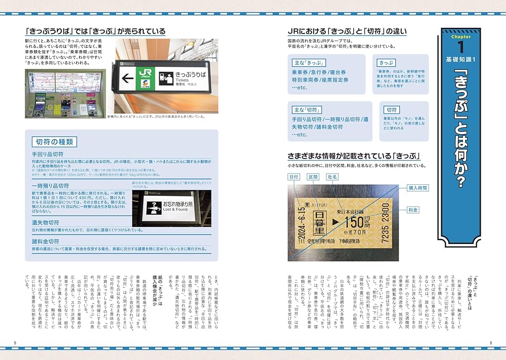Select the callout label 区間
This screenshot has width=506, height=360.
point(313,177)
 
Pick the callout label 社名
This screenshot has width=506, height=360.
point(332,177)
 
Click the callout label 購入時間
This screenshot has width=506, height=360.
point(418,188)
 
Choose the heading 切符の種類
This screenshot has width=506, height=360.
point(53,141)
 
